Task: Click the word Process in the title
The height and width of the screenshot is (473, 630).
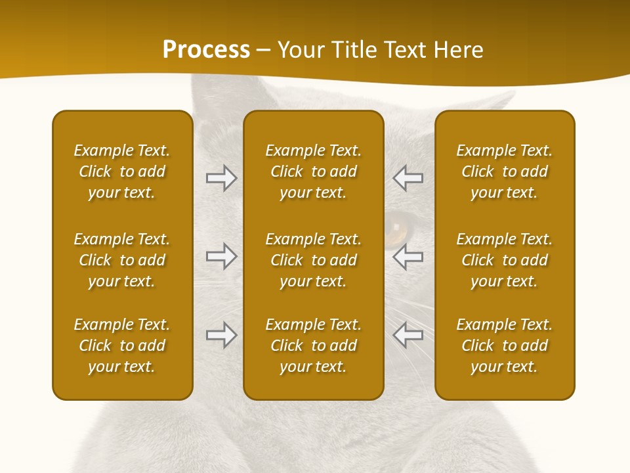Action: (206, 50)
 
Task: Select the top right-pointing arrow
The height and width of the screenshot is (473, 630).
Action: (221, 178)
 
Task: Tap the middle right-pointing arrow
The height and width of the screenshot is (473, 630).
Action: (221, 256)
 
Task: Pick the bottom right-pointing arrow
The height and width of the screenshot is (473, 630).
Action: (221, 335)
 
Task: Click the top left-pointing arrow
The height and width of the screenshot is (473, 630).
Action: (408, 178)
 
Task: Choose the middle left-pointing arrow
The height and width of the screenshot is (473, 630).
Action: (408, 256)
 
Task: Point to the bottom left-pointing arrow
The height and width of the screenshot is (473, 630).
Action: (408, 335)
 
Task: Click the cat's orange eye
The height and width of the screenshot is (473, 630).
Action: (394, 229)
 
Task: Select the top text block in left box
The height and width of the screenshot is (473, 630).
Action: (122, 171)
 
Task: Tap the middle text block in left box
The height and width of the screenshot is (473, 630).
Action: (122, 260)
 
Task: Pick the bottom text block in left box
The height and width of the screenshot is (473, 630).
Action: (122, 346)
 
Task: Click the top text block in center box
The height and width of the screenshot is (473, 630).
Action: (313, 171)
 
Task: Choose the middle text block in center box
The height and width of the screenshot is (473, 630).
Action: (313, 260)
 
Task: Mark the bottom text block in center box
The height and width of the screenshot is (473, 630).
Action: (313, 346)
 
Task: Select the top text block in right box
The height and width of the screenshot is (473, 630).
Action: (504, 171)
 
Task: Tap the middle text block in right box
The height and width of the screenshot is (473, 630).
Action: (504, 260)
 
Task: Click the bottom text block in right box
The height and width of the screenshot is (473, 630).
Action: (504, 346)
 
